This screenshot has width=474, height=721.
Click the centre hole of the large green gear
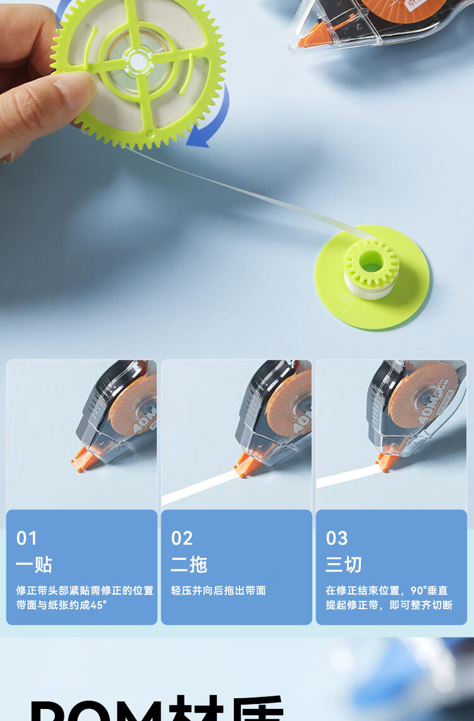coord(138,61)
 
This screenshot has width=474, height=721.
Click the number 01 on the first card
coord(27,538)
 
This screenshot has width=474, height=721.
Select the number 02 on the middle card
coord(181,538)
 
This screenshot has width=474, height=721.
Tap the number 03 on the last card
coord(336,538)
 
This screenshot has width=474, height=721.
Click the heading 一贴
coord(34,564)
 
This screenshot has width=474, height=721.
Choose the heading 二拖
coord(189,564)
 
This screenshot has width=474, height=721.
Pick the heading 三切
coord(344,564)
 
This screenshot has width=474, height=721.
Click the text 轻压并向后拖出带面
coord(219,590)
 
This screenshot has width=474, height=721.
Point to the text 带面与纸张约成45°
coord(61,605)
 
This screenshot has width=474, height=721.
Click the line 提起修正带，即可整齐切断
coord(389,605)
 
